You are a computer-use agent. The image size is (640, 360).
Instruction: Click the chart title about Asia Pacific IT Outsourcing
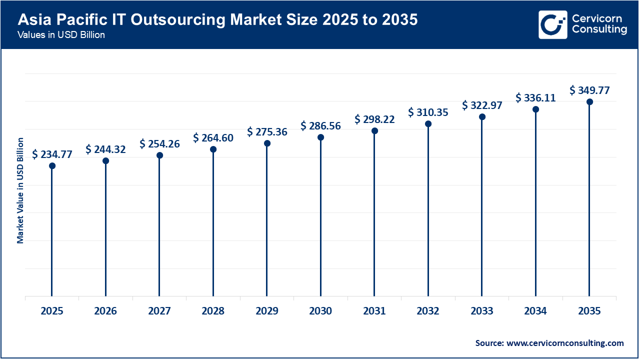217,20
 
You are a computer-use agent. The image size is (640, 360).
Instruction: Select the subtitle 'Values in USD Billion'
61,35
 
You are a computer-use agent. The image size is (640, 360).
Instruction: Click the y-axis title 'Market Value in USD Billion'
20,190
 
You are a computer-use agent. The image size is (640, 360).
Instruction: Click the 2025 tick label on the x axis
52,311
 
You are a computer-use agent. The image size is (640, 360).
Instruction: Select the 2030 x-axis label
320,311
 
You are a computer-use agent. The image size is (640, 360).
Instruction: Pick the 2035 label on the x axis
589,311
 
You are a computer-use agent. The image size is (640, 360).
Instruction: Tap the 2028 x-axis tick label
213,311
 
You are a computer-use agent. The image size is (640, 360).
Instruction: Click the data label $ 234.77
52,154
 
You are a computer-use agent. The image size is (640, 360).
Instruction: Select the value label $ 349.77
589,90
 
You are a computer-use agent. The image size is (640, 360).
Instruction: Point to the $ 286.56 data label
320,126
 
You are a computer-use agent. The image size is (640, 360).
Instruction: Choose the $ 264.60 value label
213,138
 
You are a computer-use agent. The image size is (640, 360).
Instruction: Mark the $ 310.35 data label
428,112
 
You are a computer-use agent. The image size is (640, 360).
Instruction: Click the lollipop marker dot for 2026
105,161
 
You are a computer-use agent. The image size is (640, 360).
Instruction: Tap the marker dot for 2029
267,143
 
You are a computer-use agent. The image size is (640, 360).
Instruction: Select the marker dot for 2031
374,131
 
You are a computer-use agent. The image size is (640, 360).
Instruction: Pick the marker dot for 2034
535,109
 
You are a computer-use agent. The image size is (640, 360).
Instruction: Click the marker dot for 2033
482,117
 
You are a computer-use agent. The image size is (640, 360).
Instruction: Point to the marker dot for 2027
159,155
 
